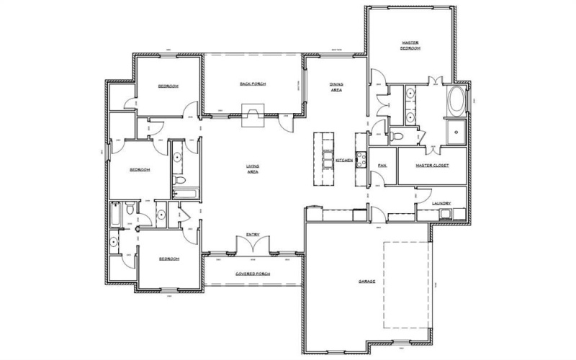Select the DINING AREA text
(x=336, y=88)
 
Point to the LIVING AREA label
(x=253, y=170)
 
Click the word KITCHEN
(x=343, y=160)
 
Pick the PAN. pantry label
(x=382, y=166)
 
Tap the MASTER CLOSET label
(x=432, y=166)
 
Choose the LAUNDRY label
(x=441, y=204)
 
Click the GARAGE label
(x=367, y=281)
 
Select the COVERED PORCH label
(x=252, y=274)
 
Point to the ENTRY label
(x=253, y=235)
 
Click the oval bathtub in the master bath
(x=456, y=102)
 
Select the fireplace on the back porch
(x=253, y=114)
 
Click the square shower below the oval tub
(x=456, y=132)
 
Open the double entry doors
(x=253, y=246)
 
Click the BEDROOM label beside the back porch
(x=168, y=86)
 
